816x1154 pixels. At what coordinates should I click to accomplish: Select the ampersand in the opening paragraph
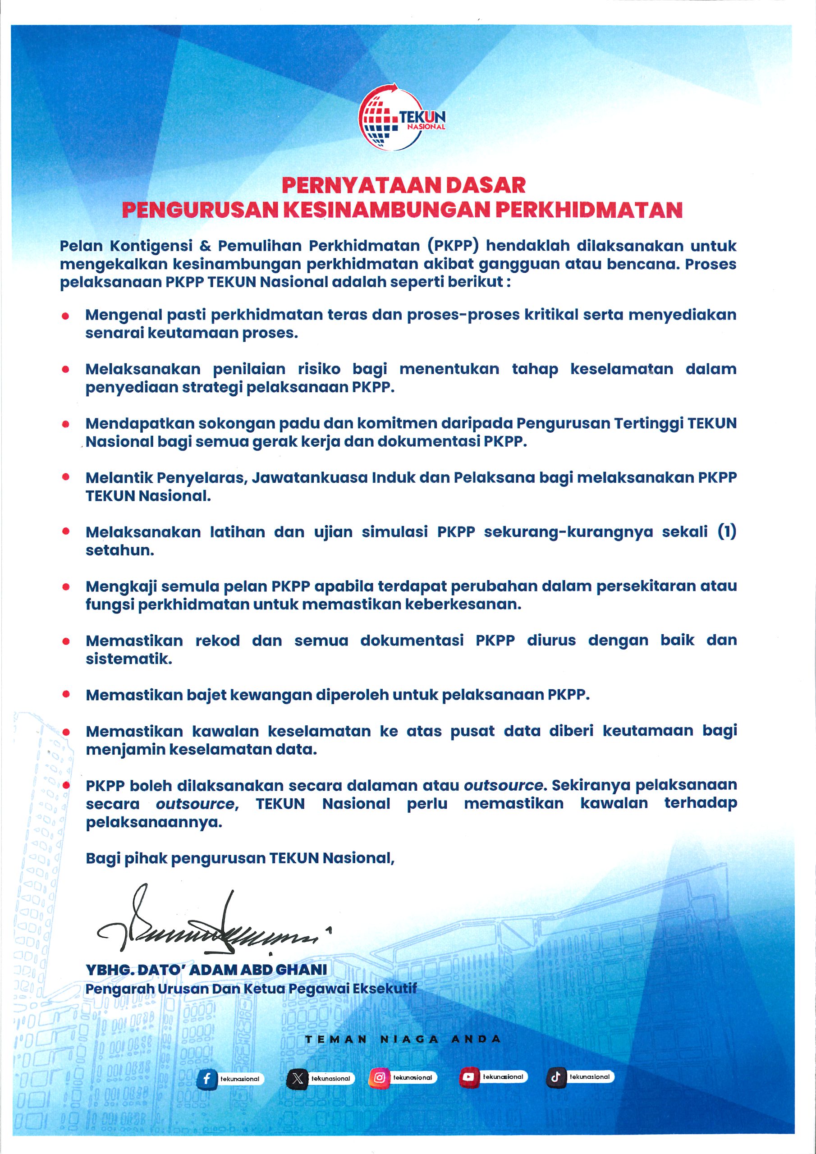coord(205,246)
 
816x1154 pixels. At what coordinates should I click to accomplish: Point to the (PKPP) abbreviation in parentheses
coord(453,246)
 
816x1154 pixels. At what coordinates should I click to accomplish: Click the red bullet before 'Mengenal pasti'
coord(65,316)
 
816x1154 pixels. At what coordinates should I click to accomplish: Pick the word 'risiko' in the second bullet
coord(319,370)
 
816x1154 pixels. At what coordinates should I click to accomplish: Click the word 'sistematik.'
coord(128,659)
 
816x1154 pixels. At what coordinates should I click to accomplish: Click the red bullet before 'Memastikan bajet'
coord(66,695)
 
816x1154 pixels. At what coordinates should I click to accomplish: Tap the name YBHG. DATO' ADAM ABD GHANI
coord(206,970)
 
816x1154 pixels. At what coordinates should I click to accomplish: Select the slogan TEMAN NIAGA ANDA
coord(403,1040)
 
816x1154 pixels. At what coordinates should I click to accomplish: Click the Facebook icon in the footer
coord(206,1079)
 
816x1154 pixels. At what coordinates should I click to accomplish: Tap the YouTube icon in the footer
coord(468,1077)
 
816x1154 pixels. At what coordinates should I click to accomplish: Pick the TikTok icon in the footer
coord(555,1077)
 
